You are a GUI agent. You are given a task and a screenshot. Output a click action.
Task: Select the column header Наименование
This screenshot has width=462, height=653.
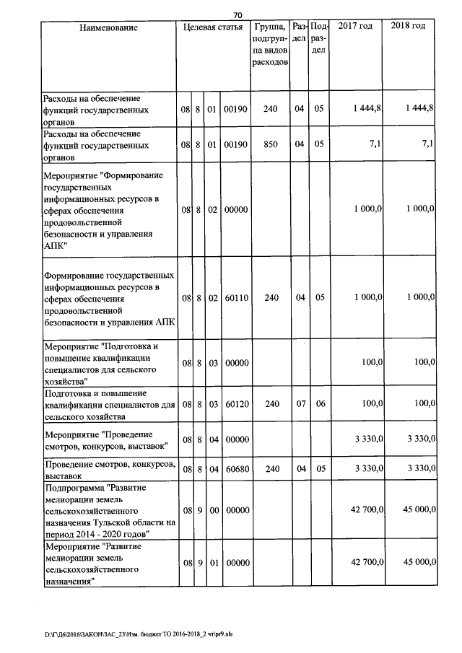point(108,27)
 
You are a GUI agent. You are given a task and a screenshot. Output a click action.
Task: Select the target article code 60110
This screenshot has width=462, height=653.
point(236,297)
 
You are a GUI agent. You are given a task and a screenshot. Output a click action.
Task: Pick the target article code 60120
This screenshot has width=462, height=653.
point(236,405)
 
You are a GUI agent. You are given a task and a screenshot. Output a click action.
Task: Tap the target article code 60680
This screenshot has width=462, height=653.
point(236,469)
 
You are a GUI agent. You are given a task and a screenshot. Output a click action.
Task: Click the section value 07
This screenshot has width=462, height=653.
point(300,405)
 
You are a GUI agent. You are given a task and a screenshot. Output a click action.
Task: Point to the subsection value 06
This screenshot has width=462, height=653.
point(318,405)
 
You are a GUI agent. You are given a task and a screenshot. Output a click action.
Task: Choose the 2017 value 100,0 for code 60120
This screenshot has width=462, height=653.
point(372,405)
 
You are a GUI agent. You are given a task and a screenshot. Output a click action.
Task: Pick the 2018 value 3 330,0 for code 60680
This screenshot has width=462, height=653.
point(417,469)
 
